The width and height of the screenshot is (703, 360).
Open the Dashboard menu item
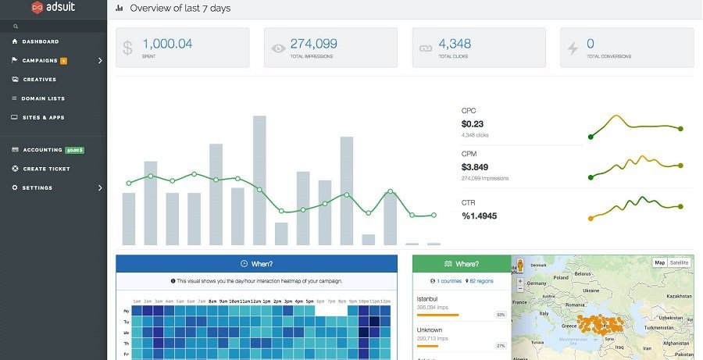coord(40,41)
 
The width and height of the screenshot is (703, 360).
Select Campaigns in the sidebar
coord(40,60)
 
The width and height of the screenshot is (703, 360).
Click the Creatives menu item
coord(39,80)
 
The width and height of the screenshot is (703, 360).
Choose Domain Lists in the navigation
coord(43,98)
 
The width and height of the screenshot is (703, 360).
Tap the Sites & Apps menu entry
coord(43,117)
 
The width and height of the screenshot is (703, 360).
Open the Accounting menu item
coord(42,150)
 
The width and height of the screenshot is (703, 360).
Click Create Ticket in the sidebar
coord(46,169)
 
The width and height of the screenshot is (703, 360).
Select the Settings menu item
coord(37,187)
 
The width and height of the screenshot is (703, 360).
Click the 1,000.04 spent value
coord(167,45)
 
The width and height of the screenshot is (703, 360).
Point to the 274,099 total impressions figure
coord(313,45)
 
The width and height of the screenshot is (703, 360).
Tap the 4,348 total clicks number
coord(455,45)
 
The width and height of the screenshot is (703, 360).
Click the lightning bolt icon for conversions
coord(573,48)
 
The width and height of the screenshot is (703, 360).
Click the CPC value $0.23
coord(473,123)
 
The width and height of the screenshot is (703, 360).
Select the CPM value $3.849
coord(475,167)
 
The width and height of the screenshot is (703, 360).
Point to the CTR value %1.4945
coord(479,216)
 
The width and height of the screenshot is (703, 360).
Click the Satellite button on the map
coord(680,262)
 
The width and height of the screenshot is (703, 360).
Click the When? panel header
coord(256,264)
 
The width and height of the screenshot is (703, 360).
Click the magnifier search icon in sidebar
coord(16,26)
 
